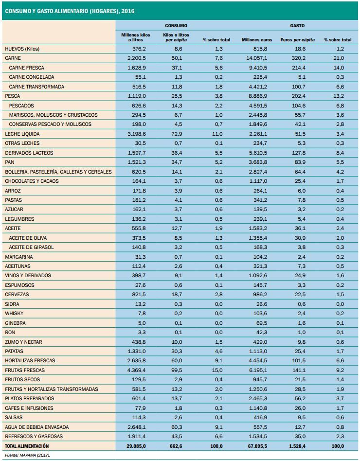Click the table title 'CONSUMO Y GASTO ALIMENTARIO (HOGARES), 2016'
[70, 10]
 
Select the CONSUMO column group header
[176, 25]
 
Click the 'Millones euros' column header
[257, 39]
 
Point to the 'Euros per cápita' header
[297, 39]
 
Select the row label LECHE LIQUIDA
[22, 134]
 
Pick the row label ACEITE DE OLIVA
[31, 238]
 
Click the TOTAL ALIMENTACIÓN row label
[27, 445]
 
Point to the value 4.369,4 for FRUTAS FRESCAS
[136, 370]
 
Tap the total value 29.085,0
[135, 445]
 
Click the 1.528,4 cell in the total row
[297, 445]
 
